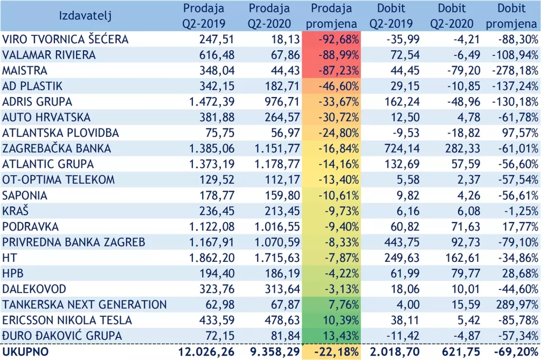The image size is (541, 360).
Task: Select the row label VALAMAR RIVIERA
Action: click(x=49, y=55)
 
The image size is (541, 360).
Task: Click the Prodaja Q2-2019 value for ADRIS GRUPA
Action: click(x=211, y=102)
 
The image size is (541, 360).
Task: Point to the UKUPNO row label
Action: click(x=25, y=352)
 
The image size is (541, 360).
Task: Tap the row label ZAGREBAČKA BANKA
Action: click(x=57, y=149)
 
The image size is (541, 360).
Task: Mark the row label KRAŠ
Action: click(x=15, y=211)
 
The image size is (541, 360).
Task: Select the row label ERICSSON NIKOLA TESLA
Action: click(x=67, y=320)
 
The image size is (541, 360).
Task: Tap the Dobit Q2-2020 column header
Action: click(x=452, y=16)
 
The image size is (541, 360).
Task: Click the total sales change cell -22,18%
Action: click(x=337, y=352)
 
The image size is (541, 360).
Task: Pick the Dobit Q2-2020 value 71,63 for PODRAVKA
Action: click(x=466, y=227)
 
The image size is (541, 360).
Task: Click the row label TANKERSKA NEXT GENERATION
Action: click(x=85, y=305)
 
